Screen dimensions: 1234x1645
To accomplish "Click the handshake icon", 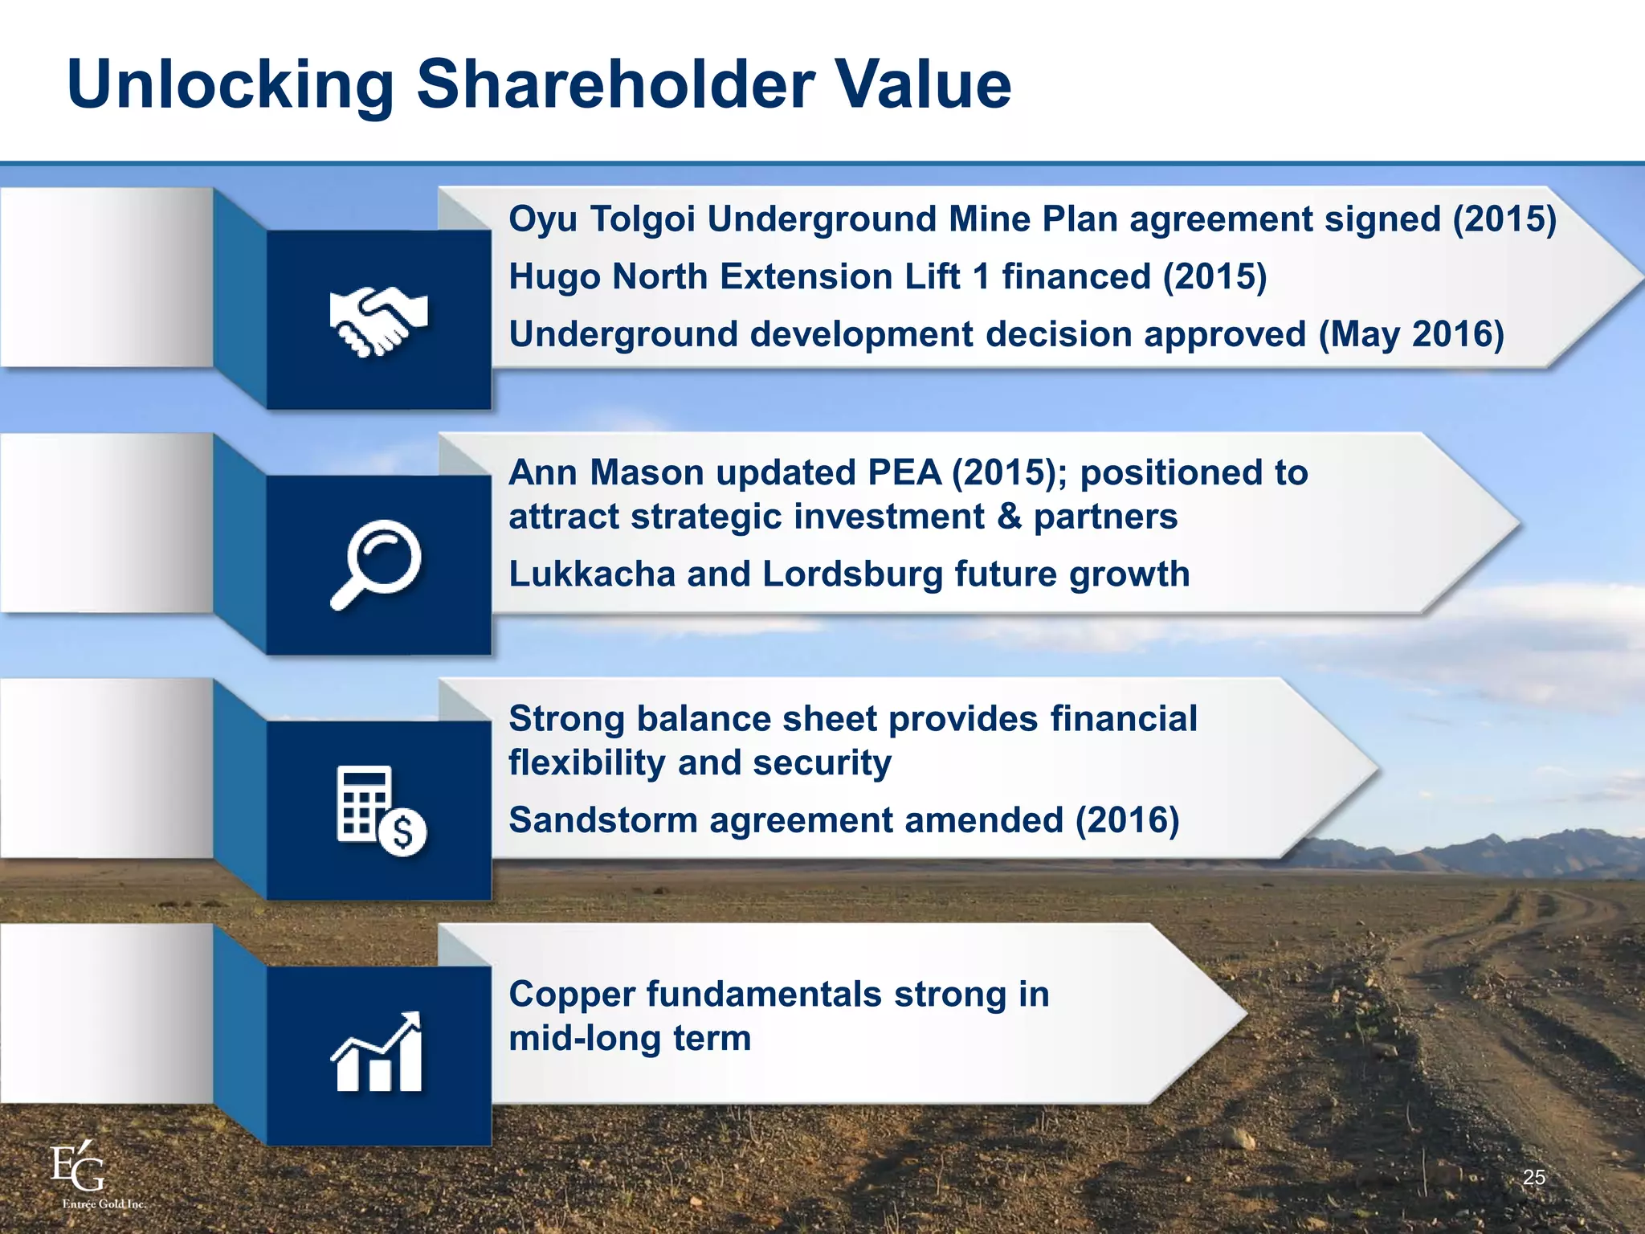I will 378,321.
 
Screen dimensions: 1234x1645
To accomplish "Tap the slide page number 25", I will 1533,1178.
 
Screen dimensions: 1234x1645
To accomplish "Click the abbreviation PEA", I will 904,472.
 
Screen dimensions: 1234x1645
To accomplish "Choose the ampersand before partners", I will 1009,517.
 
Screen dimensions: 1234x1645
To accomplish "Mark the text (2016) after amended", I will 1127,820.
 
